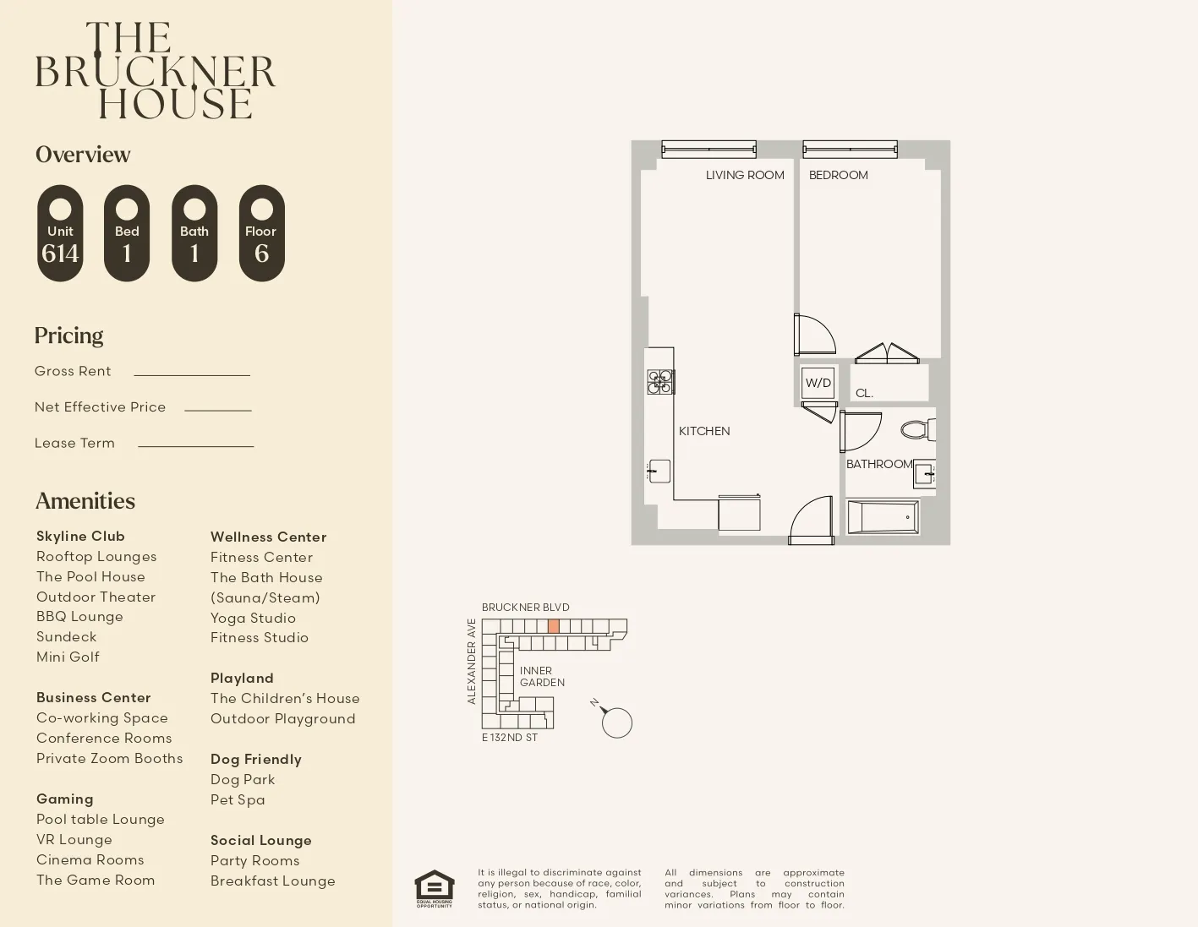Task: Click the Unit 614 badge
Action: (x=60, y=234)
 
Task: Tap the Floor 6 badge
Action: (x=261, y=234)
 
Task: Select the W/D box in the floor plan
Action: (x=818, y=383)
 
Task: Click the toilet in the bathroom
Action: (x=917, y=430)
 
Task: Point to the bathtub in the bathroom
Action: (x=883, y=516)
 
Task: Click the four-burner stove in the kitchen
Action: (x=660, y=382)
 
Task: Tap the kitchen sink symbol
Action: (x=659, y=471)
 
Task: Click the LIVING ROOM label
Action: (x=745, y=175)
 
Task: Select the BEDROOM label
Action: (x=838, y=175)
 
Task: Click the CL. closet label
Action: (x=863, y=393)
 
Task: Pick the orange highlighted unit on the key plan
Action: (x=554, y=626)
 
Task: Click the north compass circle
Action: (x=617, y=723)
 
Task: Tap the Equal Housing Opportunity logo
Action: (x=434, y=888)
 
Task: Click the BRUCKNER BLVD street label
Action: (x=525, y=607)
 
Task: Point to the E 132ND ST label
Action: (x=509, y=737)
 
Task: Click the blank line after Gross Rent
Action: (x=192, y=374)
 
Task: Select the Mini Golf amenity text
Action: (x=68, y=657)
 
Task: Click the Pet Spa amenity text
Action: (x=238, y=799)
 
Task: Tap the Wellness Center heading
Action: (x=268, y=537)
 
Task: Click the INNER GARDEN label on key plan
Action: (x=541, y=676)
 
